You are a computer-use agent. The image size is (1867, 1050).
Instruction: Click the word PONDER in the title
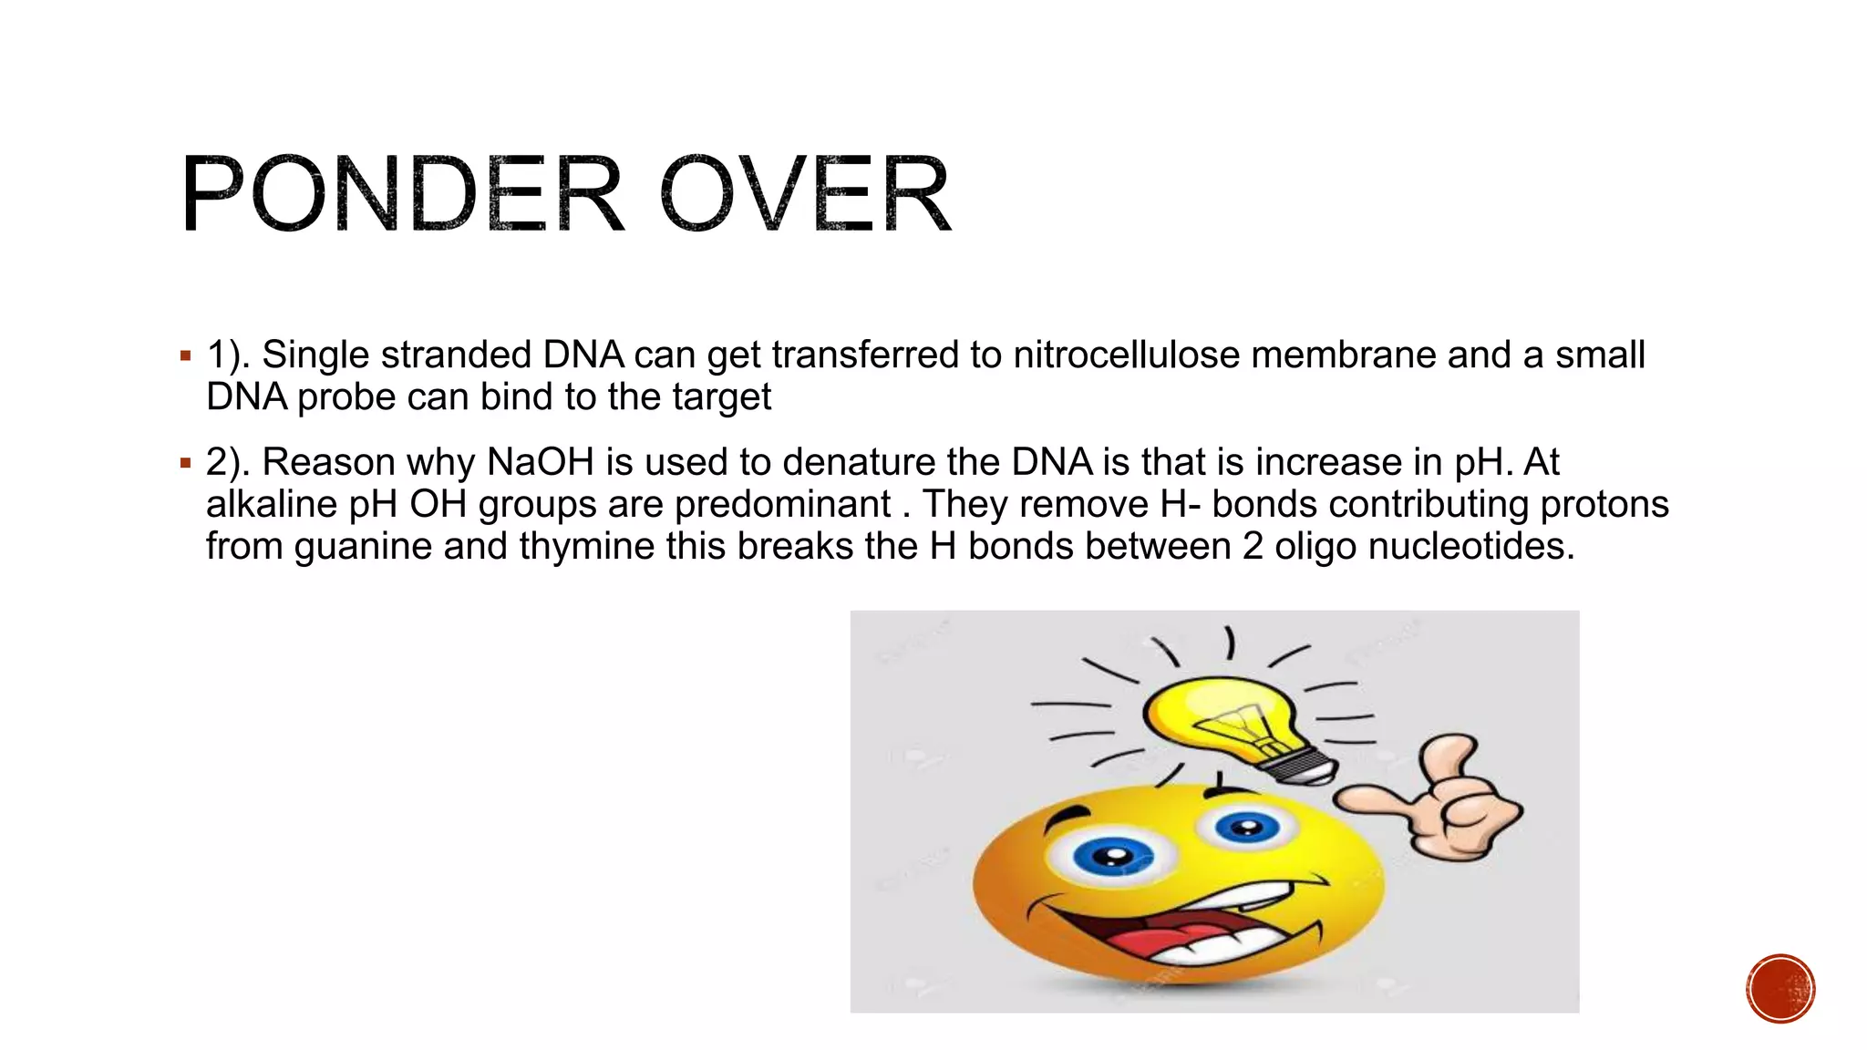pyautogui.click(x=402, y=194)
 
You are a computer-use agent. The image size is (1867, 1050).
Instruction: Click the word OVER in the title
pyautogui.click(x=805, y=194)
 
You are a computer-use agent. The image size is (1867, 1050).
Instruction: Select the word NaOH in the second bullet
pyautogui.click(x=540, y=462)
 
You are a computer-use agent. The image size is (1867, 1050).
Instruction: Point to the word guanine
pyautogui.click(x=363, y=546)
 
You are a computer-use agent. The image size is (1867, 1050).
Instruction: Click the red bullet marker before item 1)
pyautogui.click(x=186, y=355)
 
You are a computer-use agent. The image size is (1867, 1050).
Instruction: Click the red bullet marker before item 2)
pyautogui.click(x=186, y=463)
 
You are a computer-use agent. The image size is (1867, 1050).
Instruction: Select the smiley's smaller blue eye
pyautogui.click(x=1246, y=828)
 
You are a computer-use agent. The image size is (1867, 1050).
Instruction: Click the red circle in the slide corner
pyautogui.click(x=1780, y=988)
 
